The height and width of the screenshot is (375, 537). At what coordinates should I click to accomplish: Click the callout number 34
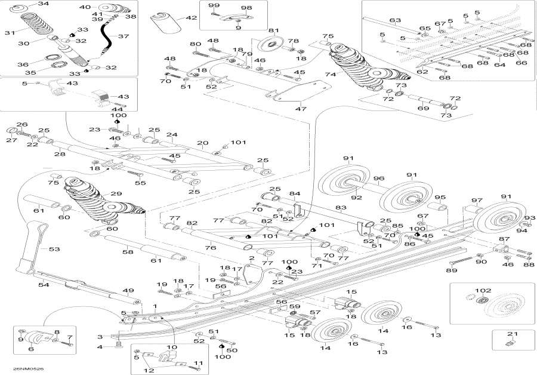[44, 4]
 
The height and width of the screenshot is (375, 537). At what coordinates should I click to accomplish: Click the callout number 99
[214, 5]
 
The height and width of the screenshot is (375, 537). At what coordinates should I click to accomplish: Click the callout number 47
[300, 109]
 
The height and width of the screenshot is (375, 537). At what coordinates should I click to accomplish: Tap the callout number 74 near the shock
[329, 75]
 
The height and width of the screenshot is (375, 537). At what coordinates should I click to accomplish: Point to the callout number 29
[115, 194]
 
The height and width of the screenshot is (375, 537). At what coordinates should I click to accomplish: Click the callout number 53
[54, 250]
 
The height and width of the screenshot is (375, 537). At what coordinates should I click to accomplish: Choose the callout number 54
[44, 286]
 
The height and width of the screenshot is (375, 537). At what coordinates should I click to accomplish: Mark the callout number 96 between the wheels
[378, 179]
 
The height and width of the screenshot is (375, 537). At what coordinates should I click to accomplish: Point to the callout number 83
[341, 207]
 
